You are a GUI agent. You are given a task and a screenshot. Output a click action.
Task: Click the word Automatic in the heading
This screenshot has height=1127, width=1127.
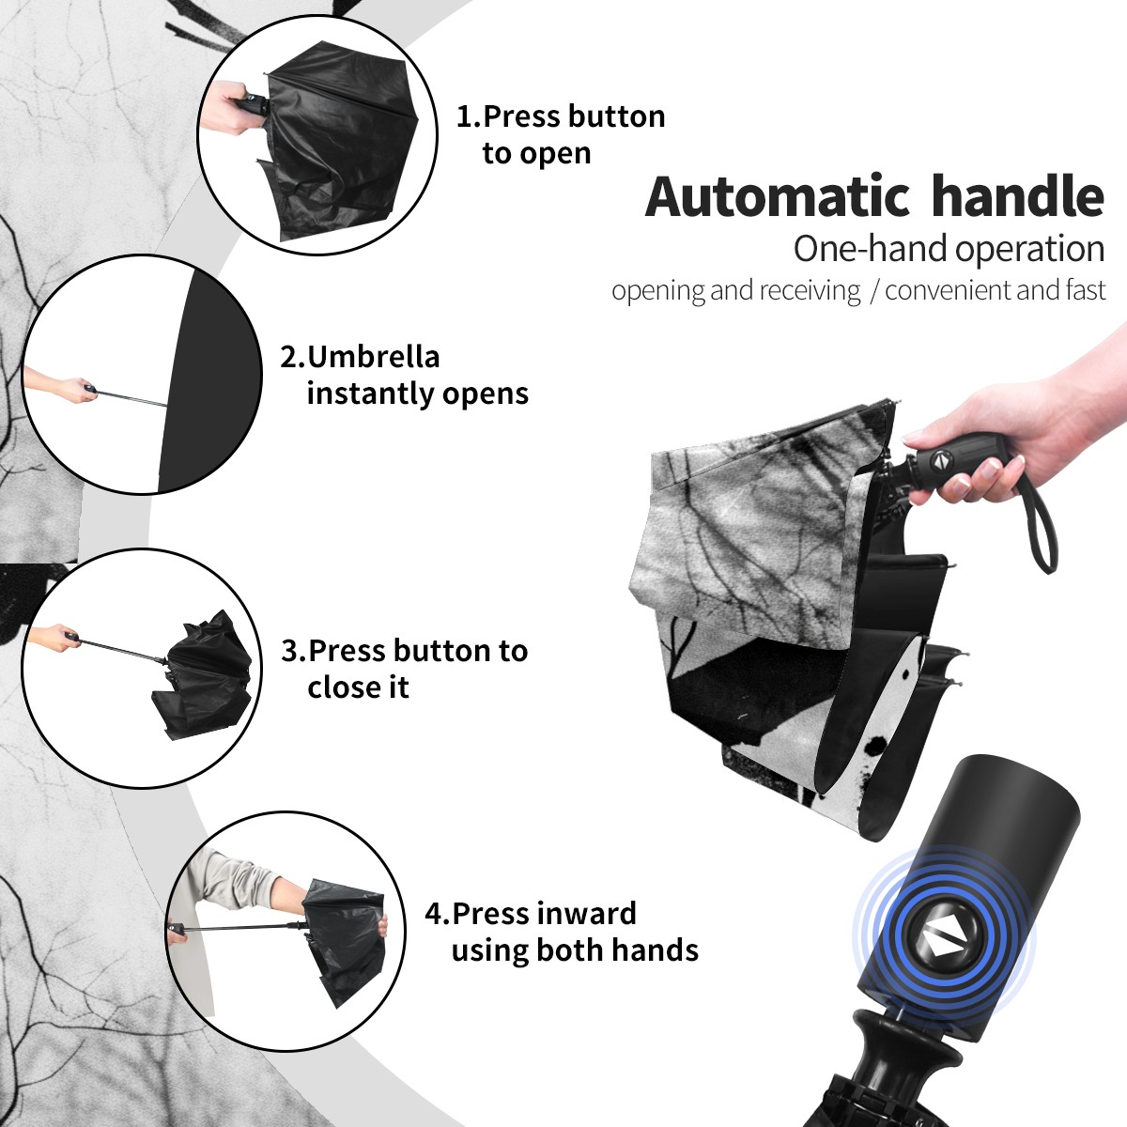778,196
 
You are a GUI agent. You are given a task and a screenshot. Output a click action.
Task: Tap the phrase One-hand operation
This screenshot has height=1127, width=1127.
949,250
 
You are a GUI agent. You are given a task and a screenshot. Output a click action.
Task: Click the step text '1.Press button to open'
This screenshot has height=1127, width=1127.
561,134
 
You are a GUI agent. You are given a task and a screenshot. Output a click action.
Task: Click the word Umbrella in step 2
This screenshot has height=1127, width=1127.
373,357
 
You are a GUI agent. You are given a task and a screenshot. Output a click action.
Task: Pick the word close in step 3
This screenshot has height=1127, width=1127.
339,687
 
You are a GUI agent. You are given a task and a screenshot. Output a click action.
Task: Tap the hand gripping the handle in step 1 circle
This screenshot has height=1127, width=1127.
228,108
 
